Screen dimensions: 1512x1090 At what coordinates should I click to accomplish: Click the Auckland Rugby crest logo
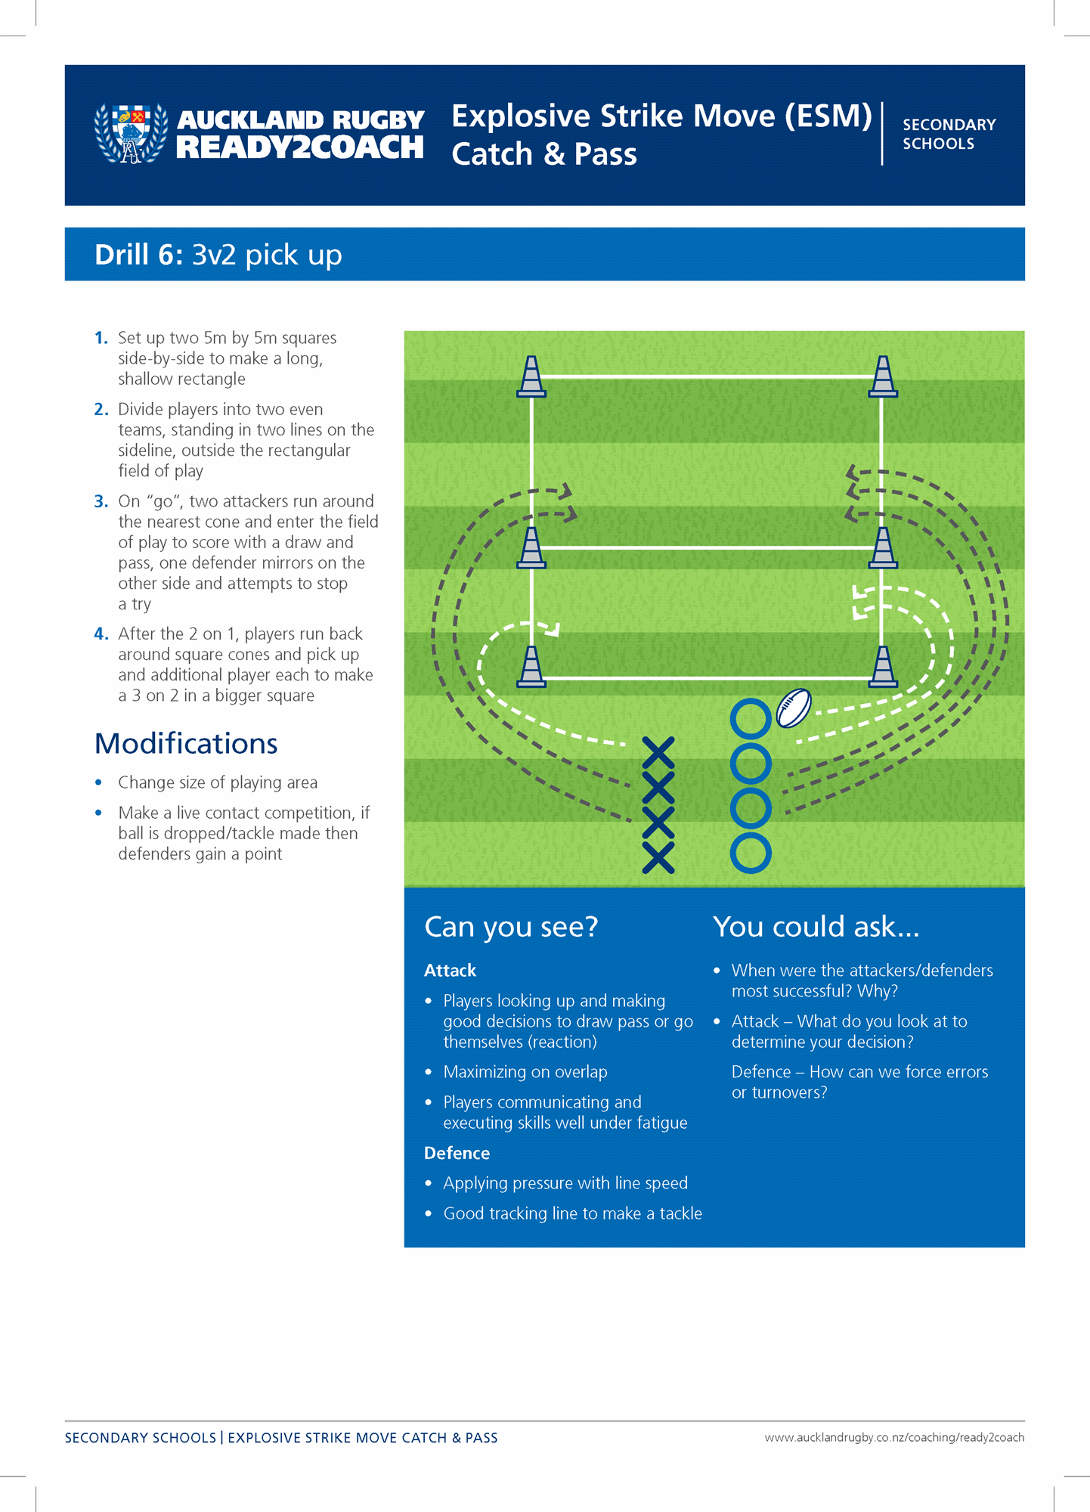pyautogui.click(x=131, y=133)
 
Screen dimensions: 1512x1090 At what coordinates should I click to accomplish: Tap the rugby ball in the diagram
pyautogui.click(x=794, y=708)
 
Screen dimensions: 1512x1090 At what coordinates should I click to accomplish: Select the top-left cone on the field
pyautogui.click(x=531, y=376)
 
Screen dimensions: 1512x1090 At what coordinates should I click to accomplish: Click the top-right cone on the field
pyautogui.click(x=883, y=376)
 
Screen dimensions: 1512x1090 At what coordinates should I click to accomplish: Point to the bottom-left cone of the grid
pyautogui.click(x=531, y=667)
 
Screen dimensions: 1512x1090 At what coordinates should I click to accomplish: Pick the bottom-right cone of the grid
pyautogui.click(x=883, y=667)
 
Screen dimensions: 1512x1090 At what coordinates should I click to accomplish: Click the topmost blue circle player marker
pyautogui.click(x=751, y=718)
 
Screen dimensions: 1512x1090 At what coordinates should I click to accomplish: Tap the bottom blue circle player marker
pyautogui.click(x=751, y=854)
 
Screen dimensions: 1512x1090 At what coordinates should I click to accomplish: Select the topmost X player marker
pyautogui.click(x=658, y=753)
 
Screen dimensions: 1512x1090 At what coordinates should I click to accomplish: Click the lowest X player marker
pyautogui.click(x=658, y=858)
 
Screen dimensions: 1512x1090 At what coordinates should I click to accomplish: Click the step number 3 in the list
pyautogui.click(x=101, y=501)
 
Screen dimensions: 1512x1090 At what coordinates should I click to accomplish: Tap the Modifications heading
pyautogui.click(x=186, y=744)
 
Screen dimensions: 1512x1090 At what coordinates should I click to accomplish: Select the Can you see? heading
pyautogui.click(x=511, y=927)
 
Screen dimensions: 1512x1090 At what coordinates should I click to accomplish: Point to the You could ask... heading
pyautogui.click(x=816, y=927)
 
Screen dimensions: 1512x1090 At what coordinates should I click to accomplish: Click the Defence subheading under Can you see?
pyautogui.click(x=457, y=1153)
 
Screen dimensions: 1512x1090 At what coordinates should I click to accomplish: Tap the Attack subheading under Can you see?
pyautogui.click(x=450, y=971)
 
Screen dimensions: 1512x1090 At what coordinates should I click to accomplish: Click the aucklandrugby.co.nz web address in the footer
pyautogui.click(x=893, y=1437)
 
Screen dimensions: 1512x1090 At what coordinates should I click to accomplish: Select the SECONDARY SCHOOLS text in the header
pyautogui.click(x=949, y=134)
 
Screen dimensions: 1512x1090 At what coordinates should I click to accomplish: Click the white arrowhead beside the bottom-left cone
pyautogui.click(x=554, y=629)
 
